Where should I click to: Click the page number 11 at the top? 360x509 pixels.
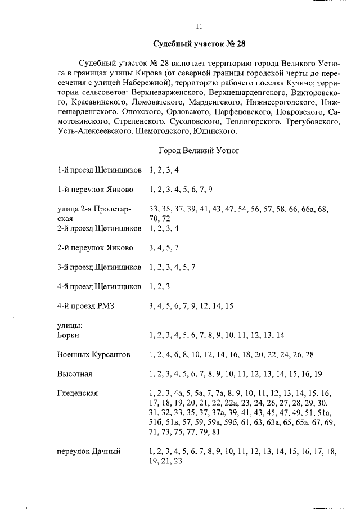click(x=199, y=26)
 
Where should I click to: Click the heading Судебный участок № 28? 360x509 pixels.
click(x=200, y=44)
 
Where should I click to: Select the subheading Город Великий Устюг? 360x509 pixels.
click(x=200, y=151)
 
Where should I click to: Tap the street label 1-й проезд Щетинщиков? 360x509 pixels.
click(x=99, y=169)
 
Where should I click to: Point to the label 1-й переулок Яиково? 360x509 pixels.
click(x=95, y=189)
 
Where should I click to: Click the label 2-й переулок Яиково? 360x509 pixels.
click(x=95, y=247)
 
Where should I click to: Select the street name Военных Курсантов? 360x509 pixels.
click(x=93, y=355)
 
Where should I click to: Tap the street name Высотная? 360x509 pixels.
click(x=74, y=374)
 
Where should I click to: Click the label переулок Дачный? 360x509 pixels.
click(x=89, y=451)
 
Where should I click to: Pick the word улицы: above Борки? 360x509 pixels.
click(x=70, y=326)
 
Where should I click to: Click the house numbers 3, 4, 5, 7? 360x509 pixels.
click(x=164, y=247)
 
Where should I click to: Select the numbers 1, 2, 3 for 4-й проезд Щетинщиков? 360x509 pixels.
click(x=160, y=286)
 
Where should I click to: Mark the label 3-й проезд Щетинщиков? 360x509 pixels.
click(x=99, y=267)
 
